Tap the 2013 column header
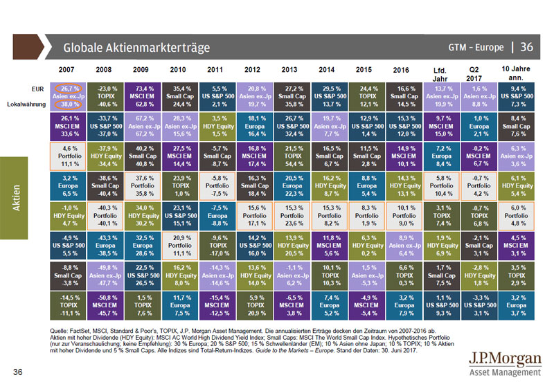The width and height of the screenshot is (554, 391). [289, 71]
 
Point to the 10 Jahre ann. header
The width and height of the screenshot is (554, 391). [515, 69]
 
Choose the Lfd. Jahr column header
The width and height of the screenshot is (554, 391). [439, 72]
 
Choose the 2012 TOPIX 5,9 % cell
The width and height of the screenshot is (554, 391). [255, 302]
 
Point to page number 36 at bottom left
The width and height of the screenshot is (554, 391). [19, 374]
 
